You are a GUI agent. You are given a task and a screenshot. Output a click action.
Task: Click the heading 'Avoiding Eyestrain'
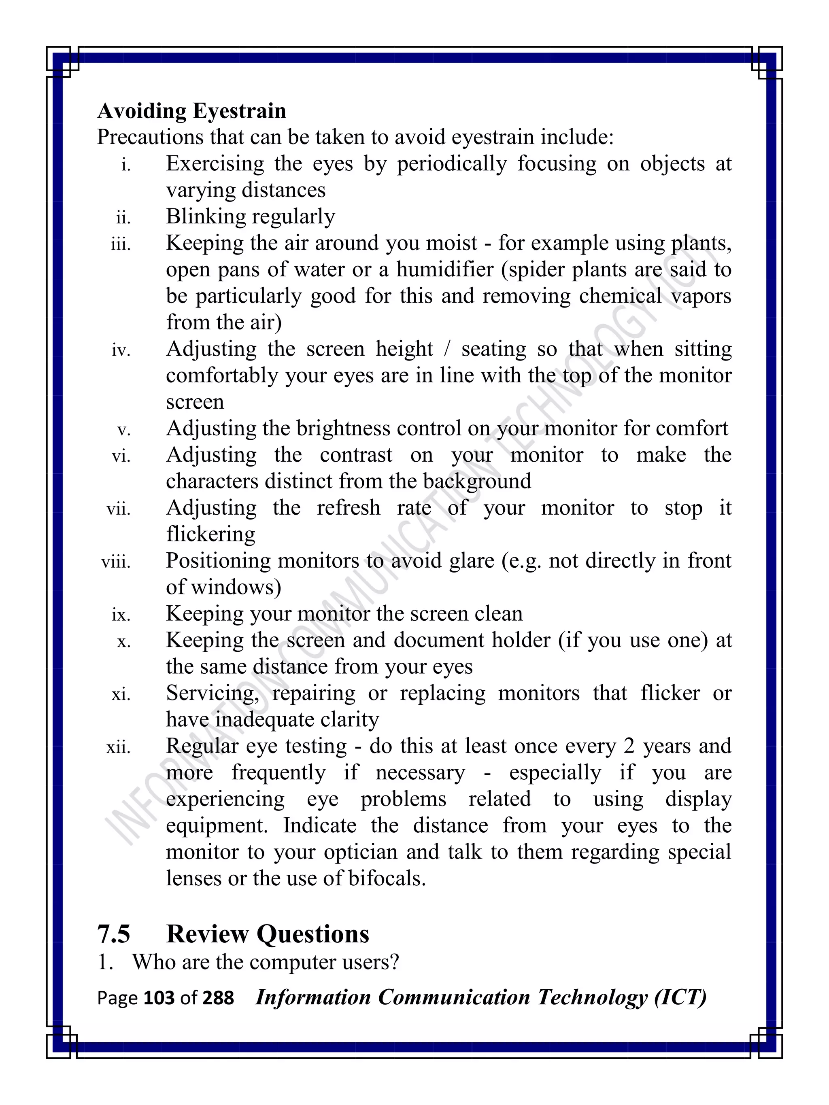(x=191, y=111)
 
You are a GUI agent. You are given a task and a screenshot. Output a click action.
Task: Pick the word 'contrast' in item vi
(x=356, y=455)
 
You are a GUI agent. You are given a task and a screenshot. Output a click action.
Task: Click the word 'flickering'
(x=210, y=534)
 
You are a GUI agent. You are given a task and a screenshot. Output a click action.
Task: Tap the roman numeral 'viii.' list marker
(x=116, y=562)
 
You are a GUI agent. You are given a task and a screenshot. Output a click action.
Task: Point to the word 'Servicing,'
(x=213, y=694)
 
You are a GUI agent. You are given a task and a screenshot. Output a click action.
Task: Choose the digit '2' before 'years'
(x=629, y=747)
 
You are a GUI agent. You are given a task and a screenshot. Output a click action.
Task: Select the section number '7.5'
(x=114, y=934)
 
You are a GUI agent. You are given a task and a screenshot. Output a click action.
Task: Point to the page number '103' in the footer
(x=159, y=998)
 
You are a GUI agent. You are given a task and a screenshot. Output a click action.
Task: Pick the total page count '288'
(x=218, y=998)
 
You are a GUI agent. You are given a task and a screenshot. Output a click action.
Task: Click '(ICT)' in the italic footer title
(x=680, y=997)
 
